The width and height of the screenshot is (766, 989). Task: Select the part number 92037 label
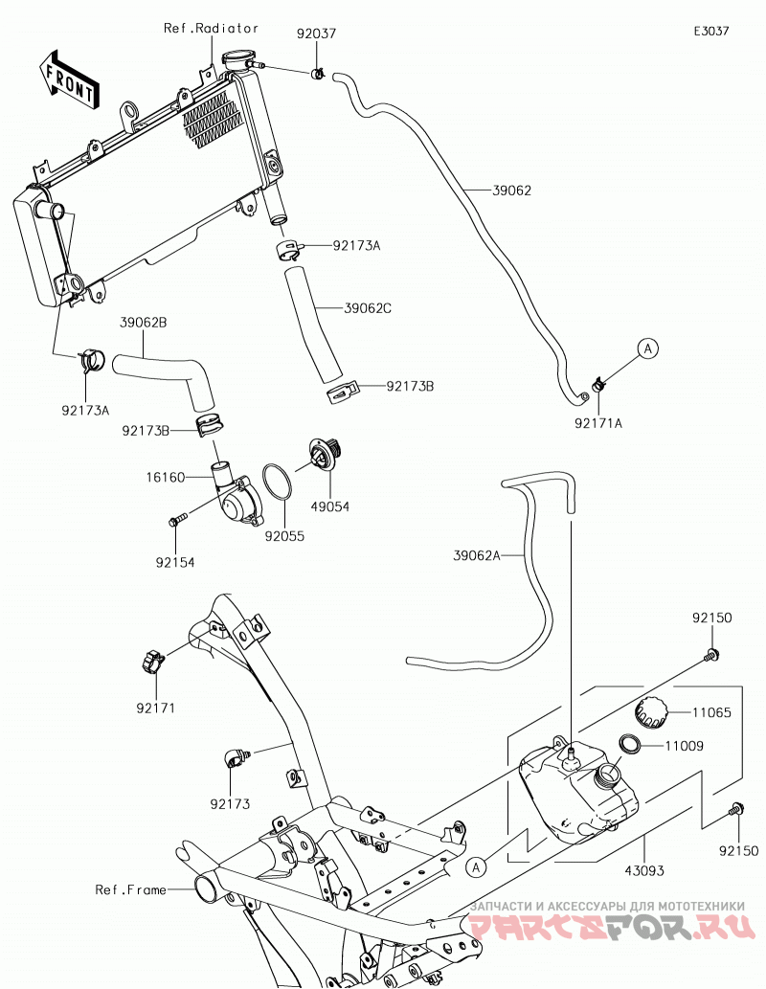tap(317, 33)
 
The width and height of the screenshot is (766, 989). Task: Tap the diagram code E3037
tap(711, 31)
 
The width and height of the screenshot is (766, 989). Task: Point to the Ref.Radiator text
tap(211, 29)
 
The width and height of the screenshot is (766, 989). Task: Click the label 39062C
tap(368, 308)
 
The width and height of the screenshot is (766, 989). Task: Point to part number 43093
tap(644, 870)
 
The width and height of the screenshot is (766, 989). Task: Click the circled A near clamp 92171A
tap(647, 348)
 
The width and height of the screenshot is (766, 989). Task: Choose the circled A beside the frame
tap(477, 867)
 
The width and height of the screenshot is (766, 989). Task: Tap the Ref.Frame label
tap(130, 889)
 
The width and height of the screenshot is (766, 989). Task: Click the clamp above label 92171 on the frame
tap(152, 662)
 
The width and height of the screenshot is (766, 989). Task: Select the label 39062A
tap(477, 555)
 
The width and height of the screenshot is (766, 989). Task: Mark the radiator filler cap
tap(237, 61)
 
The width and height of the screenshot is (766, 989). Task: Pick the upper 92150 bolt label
tap(711, 618)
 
